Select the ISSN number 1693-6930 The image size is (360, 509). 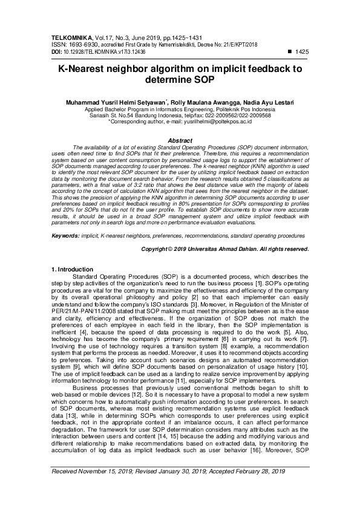82,44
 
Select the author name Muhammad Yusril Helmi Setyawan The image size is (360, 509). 117,103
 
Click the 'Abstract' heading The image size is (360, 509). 180,140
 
